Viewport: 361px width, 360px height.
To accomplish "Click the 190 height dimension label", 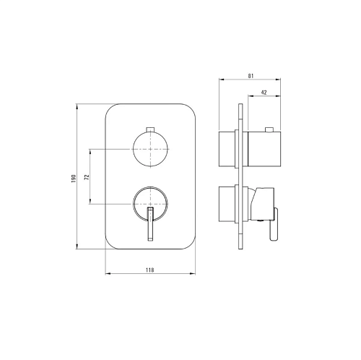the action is click(74, 179).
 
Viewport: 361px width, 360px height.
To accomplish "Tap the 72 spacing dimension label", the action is click(87, 176).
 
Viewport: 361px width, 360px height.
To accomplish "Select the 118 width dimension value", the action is click(149, 270).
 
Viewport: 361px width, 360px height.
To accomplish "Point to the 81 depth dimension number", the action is click(251, 76).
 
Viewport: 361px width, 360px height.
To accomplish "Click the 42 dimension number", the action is click(264, 93).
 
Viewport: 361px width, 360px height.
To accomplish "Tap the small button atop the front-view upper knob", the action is click(150, 129).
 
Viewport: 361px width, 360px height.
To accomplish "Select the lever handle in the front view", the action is click(150, 223).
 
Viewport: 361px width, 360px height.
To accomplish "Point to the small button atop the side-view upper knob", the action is click(269, 129).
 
